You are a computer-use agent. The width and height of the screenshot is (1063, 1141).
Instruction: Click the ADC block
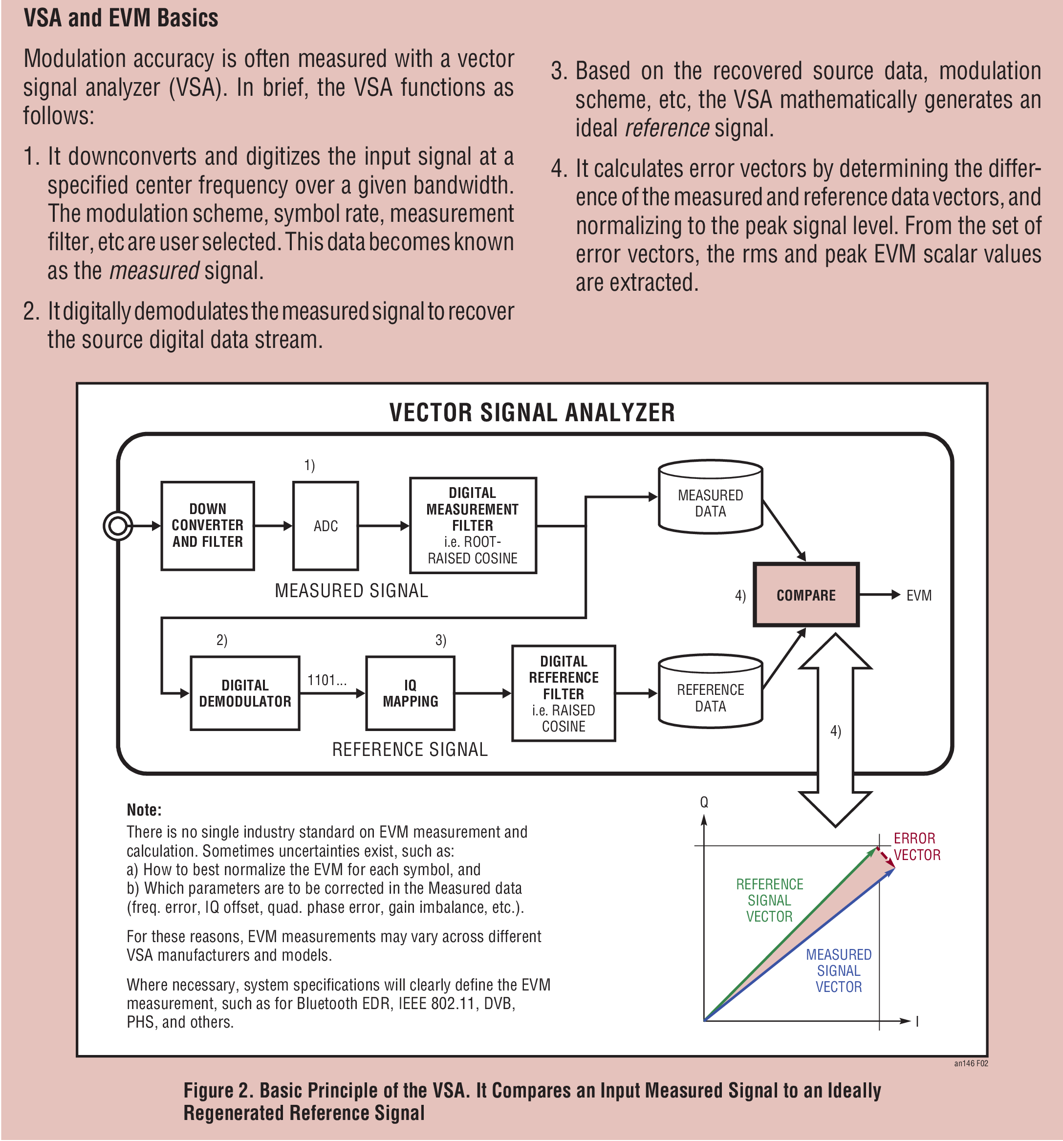click(x=325, y=525)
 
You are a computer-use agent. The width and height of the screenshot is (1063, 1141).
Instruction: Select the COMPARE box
click(x=806, y=595)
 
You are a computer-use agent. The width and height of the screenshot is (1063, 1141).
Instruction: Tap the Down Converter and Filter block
click(x=207, y=525)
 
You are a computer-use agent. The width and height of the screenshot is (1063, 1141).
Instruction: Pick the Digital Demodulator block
click(x=245, y=693)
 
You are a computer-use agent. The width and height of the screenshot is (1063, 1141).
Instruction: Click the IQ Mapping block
click(x=411, y=693)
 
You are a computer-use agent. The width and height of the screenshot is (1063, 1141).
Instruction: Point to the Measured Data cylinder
click(x=710, y=497)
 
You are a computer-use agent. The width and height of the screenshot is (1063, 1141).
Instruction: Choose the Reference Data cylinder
click(x=710, y=691)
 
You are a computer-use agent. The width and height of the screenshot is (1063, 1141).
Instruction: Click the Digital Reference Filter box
click(x=564, y=693)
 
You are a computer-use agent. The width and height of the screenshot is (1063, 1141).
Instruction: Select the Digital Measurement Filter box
click(x=473, y=525)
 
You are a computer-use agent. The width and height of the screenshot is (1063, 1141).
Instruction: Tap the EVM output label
click(x=919, y=595)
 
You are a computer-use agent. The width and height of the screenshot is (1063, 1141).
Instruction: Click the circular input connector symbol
click(x=118, y=526)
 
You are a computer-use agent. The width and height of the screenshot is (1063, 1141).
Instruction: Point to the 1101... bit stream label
click(x=327, y=680)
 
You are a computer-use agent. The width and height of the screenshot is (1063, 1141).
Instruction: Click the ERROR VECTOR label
click(x=917, y=846)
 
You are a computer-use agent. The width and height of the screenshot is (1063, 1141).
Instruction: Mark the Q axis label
click(x=704, y=802)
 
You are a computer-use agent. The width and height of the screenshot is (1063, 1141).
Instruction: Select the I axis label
click(x=917, y=1021)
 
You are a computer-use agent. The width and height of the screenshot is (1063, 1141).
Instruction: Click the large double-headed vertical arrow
click(x=836, y=730)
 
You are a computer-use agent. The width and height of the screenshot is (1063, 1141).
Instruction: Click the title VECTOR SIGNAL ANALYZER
click(x=532, y=412)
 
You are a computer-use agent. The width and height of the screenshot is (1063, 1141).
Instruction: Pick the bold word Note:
click(x=144, y=810)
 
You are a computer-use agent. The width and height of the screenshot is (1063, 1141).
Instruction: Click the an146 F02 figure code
click(x=971, y=1063)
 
